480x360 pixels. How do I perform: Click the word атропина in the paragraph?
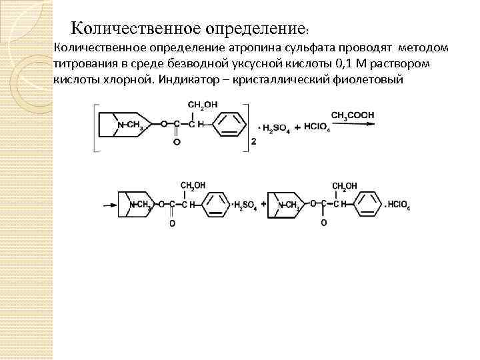(252, 48)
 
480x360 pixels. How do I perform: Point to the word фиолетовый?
(370, 80)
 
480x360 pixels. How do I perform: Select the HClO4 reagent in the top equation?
(317, 125)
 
